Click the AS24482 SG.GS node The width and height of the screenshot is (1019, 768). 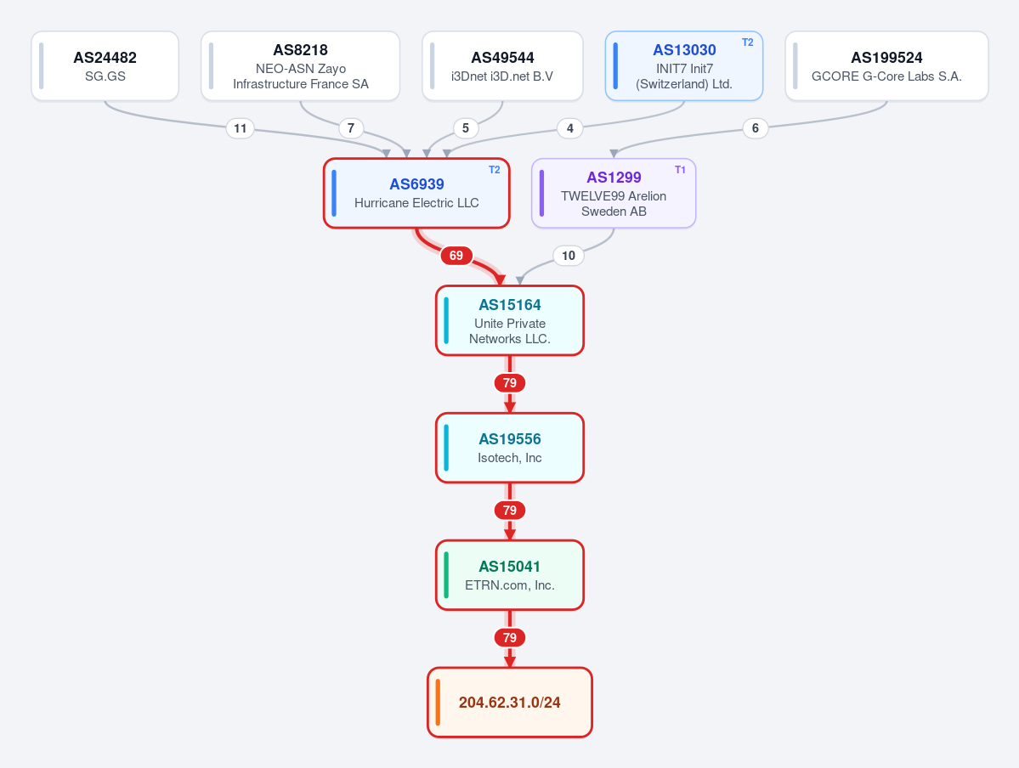(105, 66)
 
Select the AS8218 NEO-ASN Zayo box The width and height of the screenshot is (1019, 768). (300, 66)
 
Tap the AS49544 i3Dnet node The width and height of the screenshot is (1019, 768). (502, 66)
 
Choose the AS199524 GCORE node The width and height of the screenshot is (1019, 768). (886, 66)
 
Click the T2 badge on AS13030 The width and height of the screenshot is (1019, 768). (747, 42)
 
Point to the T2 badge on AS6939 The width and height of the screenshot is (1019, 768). (494, 170)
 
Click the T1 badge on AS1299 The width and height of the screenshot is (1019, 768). (680, 170)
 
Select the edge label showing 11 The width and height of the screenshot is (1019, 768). (241, 128)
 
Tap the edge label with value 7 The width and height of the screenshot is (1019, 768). (351, 128)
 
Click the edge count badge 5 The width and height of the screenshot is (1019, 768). (466, 128)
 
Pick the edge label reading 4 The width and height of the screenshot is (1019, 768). (570, 128)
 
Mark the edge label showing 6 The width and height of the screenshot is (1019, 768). (756, 128)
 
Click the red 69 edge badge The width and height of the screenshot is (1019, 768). (456, 256)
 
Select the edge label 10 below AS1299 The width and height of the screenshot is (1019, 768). (569, 256)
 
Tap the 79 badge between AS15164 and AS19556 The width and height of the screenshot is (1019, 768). (510, 382)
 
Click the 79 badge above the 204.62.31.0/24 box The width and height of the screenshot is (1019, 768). (510, 637)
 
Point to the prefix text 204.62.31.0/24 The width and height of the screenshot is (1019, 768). (510, 703)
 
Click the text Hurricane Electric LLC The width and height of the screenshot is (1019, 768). (416, 203)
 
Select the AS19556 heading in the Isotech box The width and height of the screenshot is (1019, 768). (510, 439)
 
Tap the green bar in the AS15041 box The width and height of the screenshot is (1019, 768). (446, 575)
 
